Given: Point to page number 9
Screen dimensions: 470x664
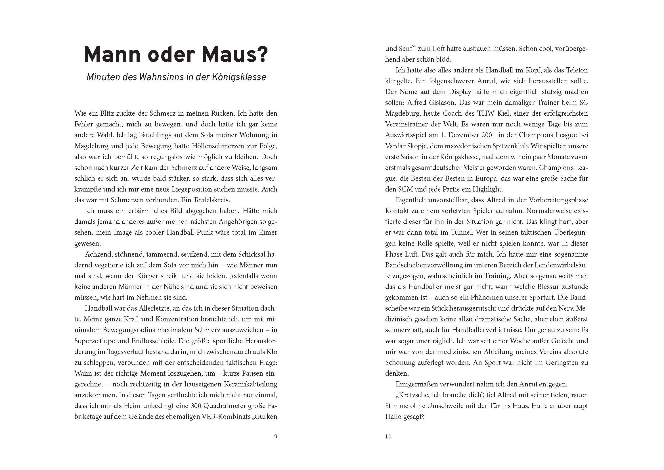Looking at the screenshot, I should [275, 436].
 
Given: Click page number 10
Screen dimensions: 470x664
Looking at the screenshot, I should [388, 436].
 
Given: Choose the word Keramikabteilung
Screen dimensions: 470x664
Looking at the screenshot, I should [251, 384].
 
